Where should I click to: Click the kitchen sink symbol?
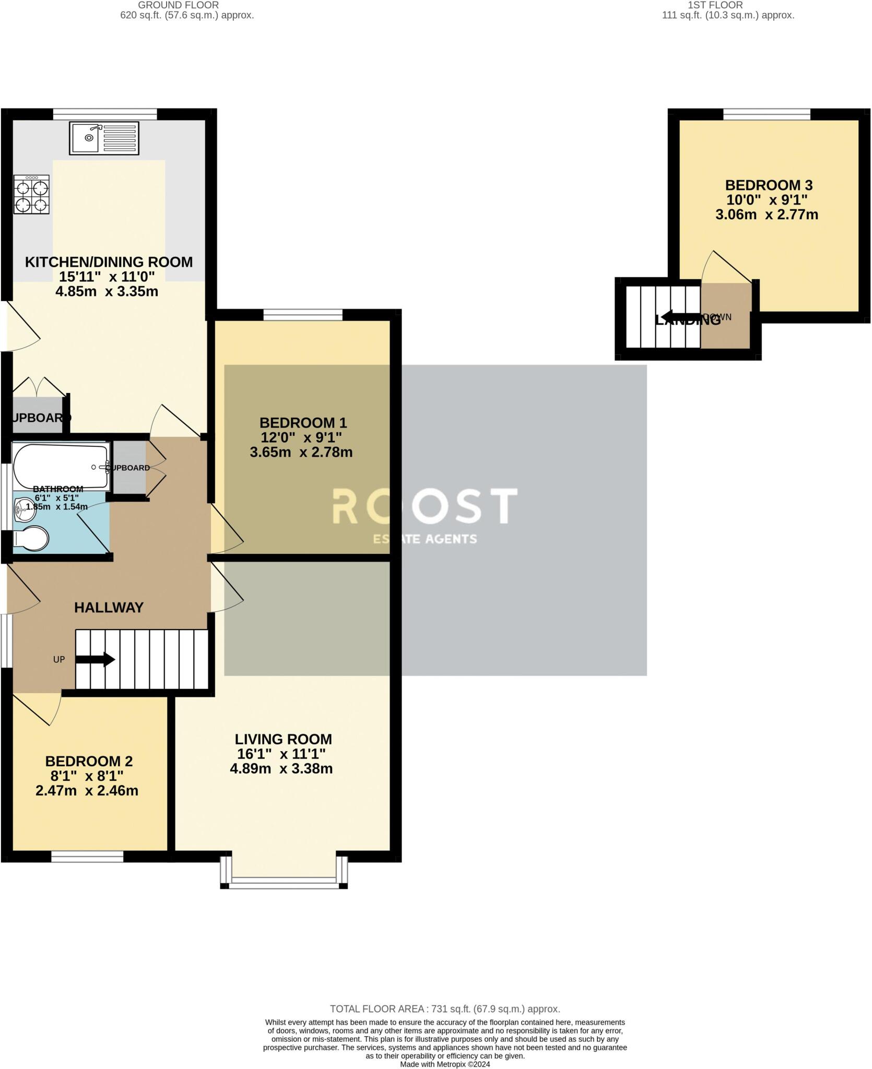[104, 138]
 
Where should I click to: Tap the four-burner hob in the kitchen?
[32, 194]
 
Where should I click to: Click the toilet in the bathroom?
[31, 539]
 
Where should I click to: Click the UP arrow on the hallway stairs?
[96, 659]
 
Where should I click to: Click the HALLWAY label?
[109, 608]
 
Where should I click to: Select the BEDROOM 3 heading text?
[769, 185]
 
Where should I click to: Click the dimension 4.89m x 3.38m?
[281, 768]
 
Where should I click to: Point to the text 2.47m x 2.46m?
[87, 790]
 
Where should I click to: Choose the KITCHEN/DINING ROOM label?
[109, 262]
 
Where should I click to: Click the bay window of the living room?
[284, 882]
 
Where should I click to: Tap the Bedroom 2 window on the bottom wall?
[87, 857]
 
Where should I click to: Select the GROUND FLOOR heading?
[179, 5]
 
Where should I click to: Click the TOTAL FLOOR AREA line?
[445, 1009]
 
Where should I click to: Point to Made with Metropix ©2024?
[445, 1064]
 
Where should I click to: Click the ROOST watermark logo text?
[425, 506]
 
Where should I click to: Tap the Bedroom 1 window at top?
[303, 315]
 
